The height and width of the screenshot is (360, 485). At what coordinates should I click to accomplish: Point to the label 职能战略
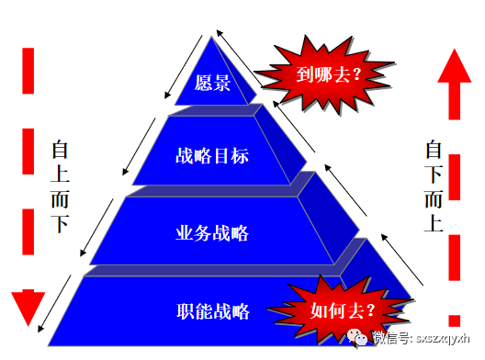tap(212, 309)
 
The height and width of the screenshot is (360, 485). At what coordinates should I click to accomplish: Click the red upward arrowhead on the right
tap(457, 71)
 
